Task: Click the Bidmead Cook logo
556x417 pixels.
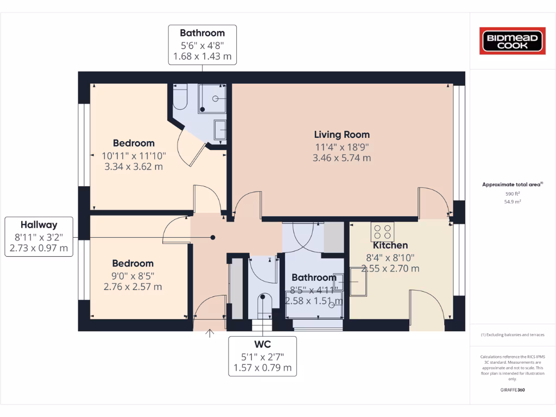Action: pos(512,41)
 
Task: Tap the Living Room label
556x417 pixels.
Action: pos(342,135)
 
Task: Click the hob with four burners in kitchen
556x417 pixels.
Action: pos(382,232)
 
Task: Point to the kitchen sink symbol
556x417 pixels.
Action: pos(358,281)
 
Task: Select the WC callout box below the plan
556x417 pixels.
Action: pos(262,356)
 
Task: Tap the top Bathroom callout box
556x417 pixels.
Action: pos(202,45)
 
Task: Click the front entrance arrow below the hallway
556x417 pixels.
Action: pos(210,333)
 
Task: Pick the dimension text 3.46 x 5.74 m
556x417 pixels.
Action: pos(342,158)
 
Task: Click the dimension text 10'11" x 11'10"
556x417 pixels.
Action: pos(134,156)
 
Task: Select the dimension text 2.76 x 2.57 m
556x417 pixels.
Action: pos(133,287)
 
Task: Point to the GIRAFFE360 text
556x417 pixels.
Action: pos(512,390)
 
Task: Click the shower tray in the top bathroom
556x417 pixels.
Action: pos(212,99)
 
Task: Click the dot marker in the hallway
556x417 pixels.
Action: pos(213,237)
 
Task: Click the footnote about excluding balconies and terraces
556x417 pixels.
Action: pos(512,335)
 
